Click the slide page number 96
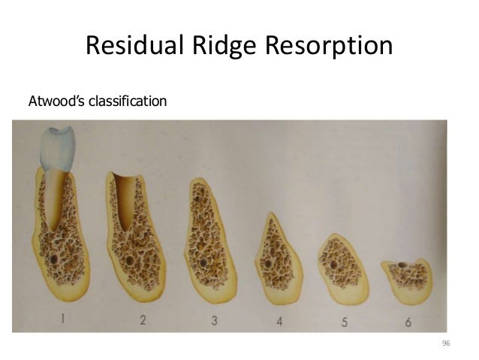(446, 343)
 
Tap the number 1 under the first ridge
(62, 319)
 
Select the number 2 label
(143, 320)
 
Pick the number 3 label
(214, 321)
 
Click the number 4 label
(279, 322)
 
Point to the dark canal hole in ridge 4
(265, 262)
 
